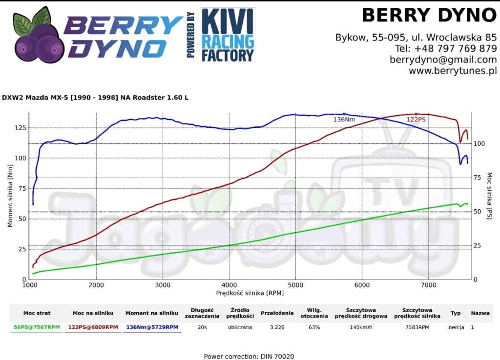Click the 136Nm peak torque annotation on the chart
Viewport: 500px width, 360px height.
pyautogui.click(x=344, y=120)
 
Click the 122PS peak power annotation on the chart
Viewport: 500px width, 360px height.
pyautogui.click(x=416, y=120)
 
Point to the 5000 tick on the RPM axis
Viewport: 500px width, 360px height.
pyautogui.click(x=295, y=285)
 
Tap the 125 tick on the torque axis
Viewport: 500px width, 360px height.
pyautogui.click(x=20, y=128)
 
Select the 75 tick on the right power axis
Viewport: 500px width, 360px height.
pyautogui.click(x=479, y=178)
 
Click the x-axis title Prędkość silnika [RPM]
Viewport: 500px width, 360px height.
pyautogui.click(x=250, y=293)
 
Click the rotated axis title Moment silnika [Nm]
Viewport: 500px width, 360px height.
pyautogui.click(x=10, y=195)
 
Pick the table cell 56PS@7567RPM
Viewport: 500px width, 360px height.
pyautogui.click(x=37, y=327)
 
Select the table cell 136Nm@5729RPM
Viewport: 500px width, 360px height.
pyautogui.click(x=152, y=327)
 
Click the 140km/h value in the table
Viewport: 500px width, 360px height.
pyautogui.click(x=362, y=327)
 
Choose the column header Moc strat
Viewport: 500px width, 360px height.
pyautogui.click(x=37, y=313)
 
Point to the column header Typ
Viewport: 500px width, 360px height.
pyautogui.click(x=456, y=313)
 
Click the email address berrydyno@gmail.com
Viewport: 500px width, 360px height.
pyautogui.click(x=443, y=60)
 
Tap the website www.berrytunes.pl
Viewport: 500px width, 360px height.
pyautogui.click(x=453, y=71)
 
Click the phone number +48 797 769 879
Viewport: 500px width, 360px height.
pyautogui.click(x=455, y=48)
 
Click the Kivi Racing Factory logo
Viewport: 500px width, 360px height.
pyautogui.click(x=228, y=35)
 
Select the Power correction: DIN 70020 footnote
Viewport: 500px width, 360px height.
pyautogui.click(x=249, y=357)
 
